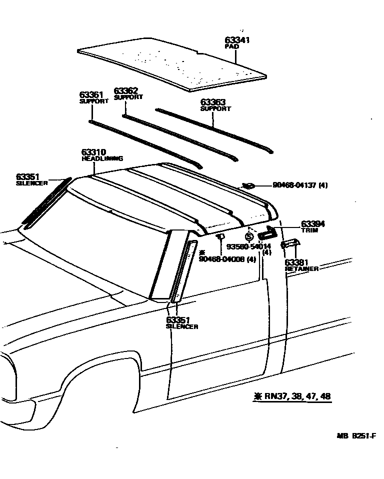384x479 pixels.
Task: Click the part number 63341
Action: pos(237,40)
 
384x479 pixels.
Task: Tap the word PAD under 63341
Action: pos(231,46)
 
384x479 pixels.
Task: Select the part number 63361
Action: pos(90,94)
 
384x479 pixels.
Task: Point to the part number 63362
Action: pos(125,91)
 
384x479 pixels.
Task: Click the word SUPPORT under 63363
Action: pos(215,108)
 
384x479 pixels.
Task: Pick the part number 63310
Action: pos(93,152)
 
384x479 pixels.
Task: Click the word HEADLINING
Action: pos(102,158)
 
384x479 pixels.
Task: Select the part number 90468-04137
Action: pos(294,185)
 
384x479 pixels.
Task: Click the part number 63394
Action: pos(312,224)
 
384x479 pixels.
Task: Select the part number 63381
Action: pos(297,262)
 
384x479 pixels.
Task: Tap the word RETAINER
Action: pos(301,269)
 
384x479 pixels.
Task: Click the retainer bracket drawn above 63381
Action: pos(290,243)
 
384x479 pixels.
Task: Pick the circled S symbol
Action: pos(249,237)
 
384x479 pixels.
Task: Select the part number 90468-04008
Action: pos(220,258)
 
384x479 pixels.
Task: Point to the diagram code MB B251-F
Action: pos(355,436)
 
